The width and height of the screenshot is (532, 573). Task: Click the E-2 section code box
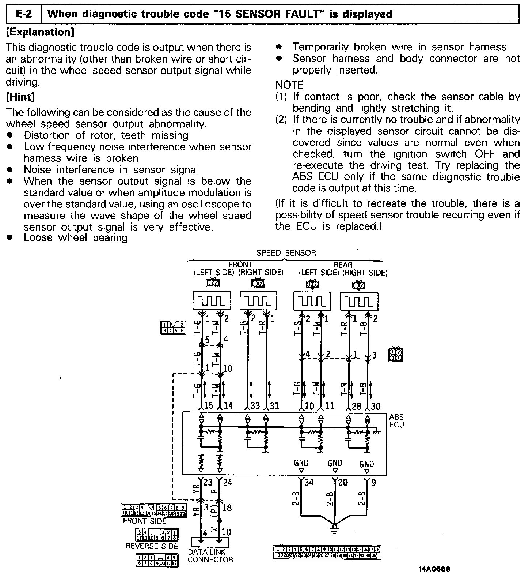point(24,14)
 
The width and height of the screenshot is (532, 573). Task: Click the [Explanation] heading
point(41,32)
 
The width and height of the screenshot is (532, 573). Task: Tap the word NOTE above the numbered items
point(289,85)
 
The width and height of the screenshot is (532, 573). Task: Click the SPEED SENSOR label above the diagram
point(286,253)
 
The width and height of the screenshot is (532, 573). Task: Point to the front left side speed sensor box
point(212,301)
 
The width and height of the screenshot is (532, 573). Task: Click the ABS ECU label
point(396,421)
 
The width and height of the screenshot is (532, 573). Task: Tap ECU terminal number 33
point(255,405)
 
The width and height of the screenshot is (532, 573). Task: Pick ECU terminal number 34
point(309,482)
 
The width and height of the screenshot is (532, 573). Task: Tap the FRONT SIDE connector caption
point(145,521)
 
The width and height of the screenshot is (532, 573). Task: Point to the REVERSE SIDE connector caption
point(152,546)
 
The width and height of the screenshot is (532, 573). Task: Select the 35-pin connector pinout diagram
point(327,552)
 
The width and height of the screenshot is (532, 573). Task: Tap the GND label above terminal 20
point(335,463)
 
